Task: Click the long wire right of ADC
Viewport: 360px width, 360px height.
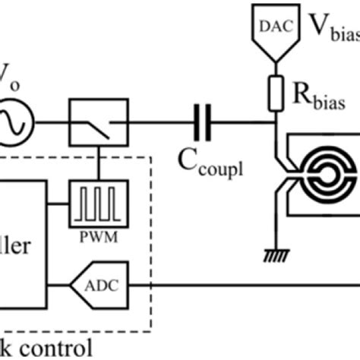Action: click(243, 286)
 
